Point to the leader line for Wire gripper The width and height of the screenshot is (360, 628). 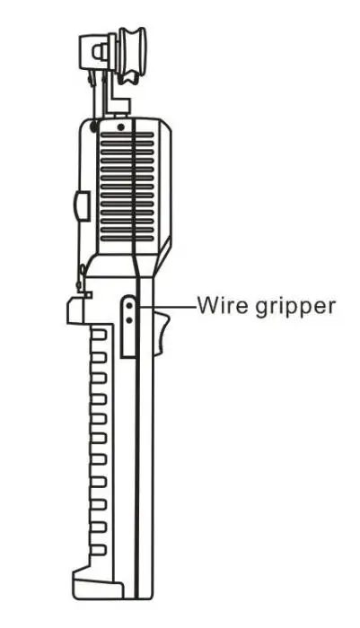167,308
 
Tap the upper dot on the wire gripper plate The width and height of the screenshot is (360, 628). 129,306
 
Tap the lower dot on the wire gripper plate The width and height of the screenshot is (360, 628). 129,320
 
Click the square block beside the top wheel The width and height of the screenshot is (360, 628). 93,52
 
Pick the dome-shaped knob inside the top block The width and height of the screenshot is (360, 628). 101,52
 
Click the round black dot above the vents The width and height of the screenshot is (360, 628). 120,127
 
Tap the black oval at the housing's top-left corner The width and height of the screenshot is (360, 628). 93,127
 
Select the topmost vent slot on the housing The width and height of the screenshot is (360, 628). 127,135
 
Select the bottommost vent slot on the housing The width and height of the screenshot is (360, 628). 127,239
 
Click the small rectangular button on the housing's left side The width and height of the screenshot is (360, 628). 82,205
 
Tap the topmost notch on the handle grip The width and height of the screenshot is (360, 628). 99,334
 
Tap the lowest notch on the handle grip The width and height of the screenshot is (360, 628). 99,549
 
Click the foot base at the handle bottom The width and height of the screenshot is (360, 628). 98,584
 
